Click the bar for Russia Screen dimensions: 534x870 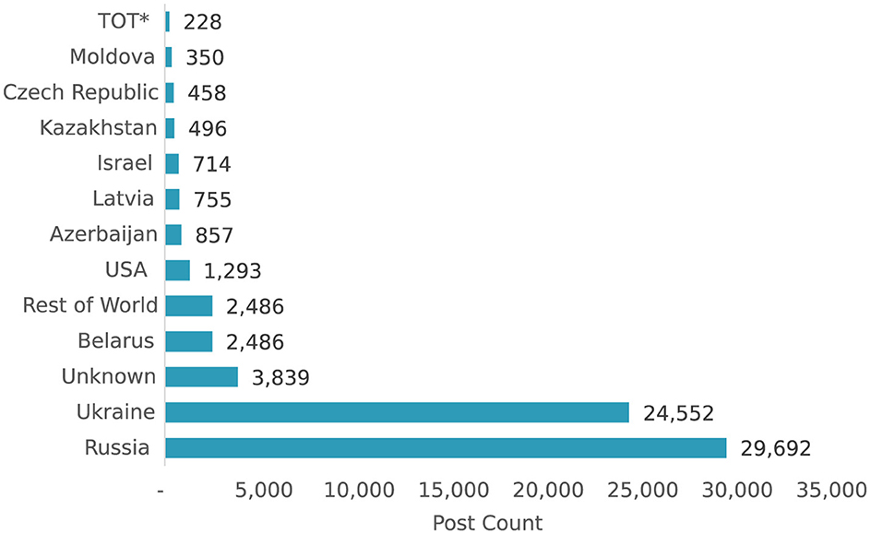[x=446, y=448]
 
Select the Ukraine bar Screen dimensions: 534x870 [x=397, y=412]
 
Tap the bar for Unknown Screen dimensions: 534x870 [x=201, y=376]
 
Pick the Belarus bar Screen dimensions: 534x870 [x=189, y=341]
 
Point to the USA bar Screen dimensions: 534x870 [x=177, y=270]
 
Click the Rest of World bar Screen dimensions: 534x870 [x=189, y=306]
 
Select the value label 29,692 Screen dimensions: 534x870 [x=775, y=449]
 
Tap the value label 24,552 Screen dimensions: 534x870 [x=678, y=413]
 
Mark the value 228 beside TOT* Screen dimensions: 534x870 [x=202, y=22]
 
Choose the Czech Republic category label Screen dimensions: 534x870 [x=79, y=92]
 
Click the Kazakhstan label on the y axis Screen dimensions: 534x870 [x=98, y=127]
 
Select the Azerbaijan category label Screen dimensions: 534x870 [x=103, y=234]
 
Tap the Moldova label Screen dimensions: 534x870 [x=112, y=57]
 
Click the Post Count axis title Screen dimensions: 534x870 [x=487, y=522]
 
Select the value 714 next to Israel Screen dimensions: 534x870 [x=211, y=164]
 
